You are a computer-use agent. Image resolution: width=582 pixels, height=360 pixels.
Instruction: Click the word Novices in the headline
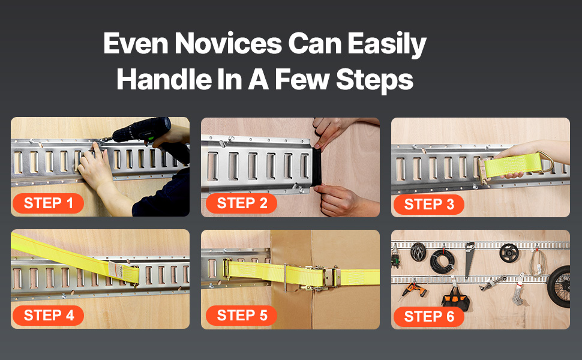tap(228, 44)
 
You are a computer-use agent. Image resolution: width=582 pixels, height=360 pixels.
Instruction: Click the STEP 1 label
tap(48, 203)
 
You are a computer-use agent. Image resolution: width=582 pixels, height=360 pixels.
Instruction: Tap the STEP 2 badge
tap(242, 203)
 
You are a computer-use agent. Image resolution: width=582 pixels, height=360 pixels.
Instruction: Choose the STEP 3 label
tap(429, 205)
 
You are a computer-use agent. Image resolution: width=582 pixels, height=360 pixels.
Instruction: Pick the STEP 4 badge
tap(48, 316)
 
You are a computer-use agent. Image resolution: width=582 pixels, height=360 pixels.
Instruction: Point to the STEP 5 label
tap(242, 316)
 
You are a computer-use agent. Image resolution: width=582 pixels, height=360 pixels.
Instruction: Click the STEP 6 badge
tap(429, 317)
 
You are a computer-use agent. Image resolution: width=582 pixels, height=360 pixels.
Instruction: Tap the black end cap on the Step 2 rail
tap(317, 168)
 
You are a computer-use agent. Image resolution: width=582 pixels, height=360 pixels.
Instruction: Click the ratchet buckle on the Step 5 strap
tap(319, 278)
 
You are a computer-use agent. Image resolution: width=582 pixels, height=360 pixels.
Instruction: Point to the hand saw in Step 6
tap(469, 259)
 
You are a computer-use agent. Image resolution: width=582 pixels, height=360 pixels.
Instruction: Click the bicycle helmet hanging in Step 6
tap(418, 252)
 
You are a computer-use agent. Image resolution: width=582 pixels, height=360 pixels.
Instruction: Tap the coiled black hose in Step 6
tap(442, 262)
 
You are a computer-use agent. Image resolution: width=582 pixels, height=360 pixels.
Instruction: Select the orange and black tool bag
tap(455, 298)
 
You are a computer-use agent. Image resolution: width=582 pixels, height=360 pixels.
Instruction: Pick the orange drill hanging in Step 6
tap(413, 290)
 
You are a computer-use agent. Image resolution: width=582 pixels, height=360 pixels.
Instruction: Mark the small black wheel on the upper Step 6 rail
tap(509, 253)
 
